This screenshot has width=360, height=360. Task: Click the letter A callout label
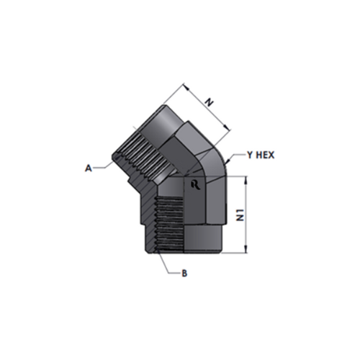click(x=89, y=168)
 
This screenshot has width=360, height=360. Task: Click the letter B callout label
click(x=184, y=273)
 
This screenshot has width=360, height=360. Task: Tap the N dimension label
click(x=209, y=103)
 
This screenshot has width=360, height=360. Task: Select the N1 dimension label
click(x=240, y=215)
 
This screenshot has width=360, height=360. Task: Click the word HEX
click(x=265, y=155)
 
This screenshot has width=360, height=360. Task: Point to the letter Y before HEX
click(x=251, y=155)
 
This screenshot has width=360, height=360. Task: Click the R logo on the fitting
click(x=196, y=185)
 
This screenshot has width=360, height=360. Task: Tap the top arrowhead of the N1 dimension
click(x=246, y=180)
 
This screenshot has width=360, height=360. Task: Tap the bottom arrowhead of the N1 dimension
click(x=246, y=249)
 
